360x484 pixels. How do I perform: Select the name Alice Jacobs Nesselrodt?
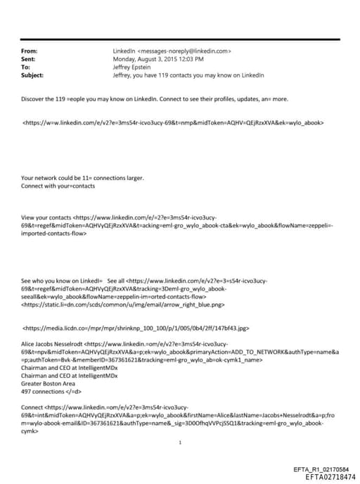tap(53, 344)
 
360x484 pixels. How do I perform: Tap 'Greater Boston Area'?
tap(50, 383)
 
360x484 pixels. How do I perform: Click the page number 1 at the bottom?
tap(181, 443)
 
